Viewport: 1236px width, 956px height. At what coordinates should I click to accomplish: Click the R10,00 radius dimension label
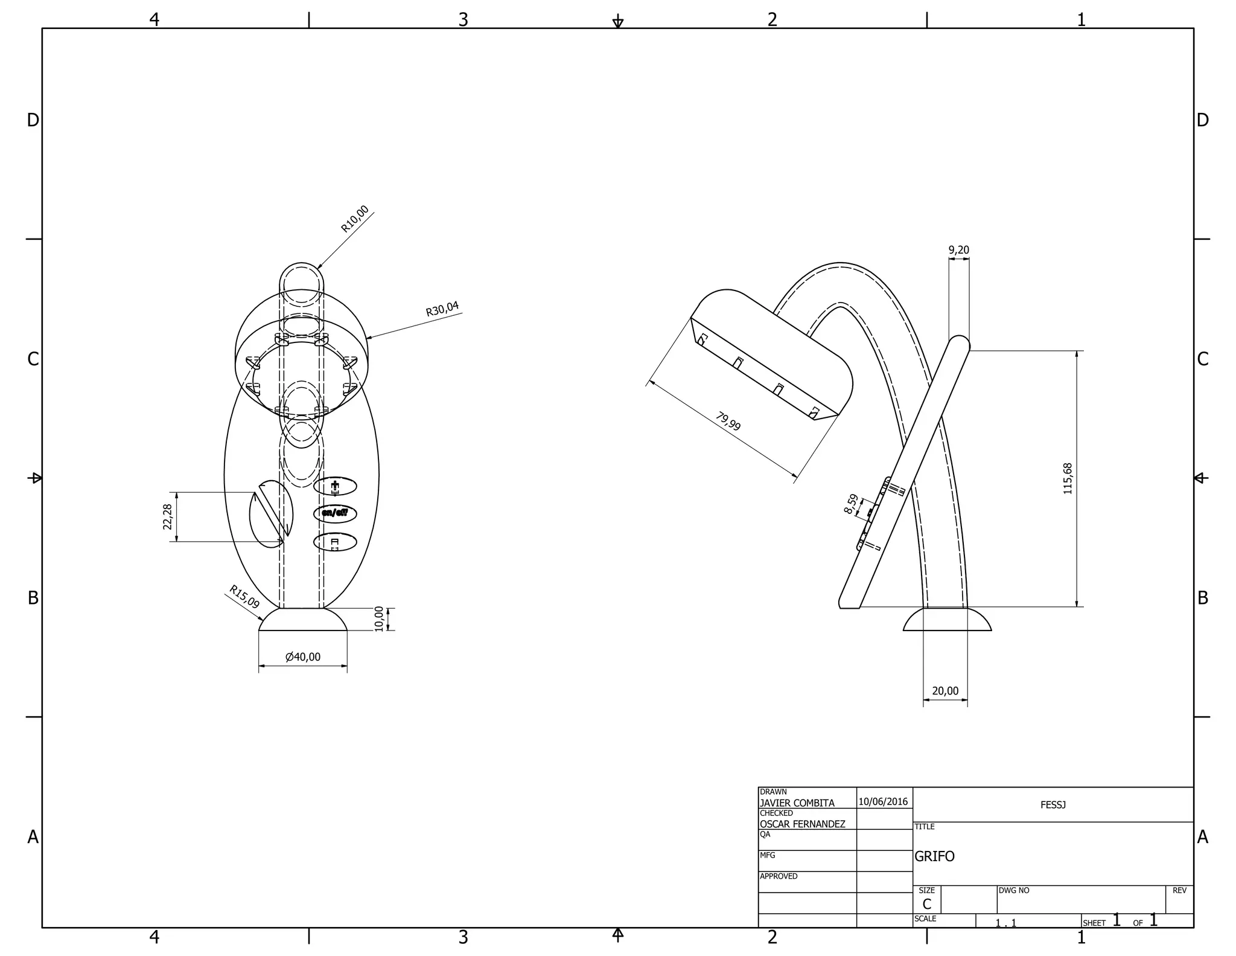point(355,219)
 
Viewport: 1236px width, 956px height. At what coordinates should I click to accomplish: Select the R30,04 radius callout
point(442,309)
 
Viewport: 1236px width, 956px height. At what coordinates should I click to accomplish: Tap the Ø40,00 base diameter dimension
point(303,657)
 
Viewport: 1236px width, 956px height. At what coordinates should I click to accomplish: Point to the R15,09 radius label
point(244,597)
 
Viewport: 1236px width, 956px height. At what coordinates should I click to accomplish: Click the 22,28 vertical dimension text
point(168,516)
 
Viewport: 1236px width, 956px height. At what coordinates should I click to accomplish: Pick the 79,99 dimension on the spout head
point(728,422)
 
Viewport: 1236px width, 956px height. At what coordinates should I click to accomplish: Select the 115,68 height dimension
point(1068,479)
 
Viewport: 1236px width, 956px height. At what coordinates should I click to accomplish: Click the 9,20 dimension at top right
point(958,250)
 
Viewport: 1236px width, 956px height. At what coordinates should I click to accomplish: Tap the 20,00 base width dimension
point(945,691)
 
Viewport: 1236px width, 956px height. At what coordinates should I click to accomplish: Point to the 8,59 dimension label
point(852,504)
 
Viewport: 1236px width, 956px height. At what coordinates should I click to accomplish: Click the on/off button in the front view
point(335,513)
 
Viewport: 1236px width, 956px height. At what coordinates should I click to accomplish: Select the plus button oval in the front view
point(335,486)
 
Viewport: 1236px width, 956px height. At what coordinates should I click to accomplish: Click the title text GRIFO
point(934,856)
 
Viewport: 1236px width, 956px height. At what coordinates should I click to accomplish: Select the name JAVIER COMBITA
point(797,803)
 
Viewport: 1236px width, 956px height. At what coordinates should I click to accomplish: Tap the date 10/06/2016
point(883,802)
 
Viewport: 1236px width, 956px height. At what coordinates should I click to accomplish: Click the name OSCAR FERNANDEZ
point(802,824)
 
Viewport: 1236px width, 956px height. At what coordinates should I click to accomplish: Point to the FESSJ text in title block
point(1053,805)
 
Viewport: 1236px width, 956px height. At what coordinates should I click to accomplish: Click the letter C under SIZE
point(926,904)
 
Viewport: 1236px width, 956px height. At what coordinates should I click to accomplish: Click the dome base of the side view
point(947,621)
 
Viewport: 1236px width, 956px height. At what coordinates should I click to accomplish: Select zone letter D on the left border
point(33,120)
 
